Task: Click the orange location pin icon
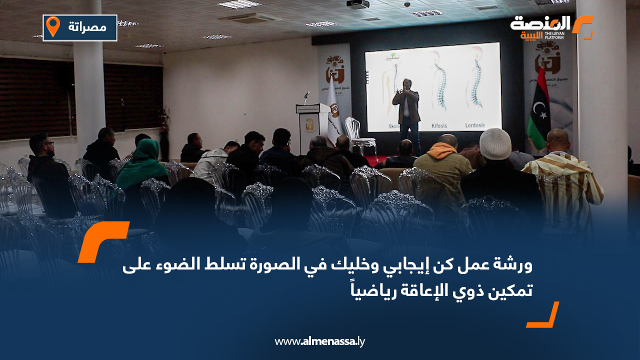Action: (x=53, y=27)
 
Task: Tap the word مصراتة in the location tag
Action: (x=87, y=27)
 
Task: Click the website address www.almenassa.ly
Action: (x=319, y=341)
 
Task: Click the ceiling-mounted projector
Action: (x=357, y=4)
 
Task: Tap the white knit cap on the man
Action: (x=495, y=143)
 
